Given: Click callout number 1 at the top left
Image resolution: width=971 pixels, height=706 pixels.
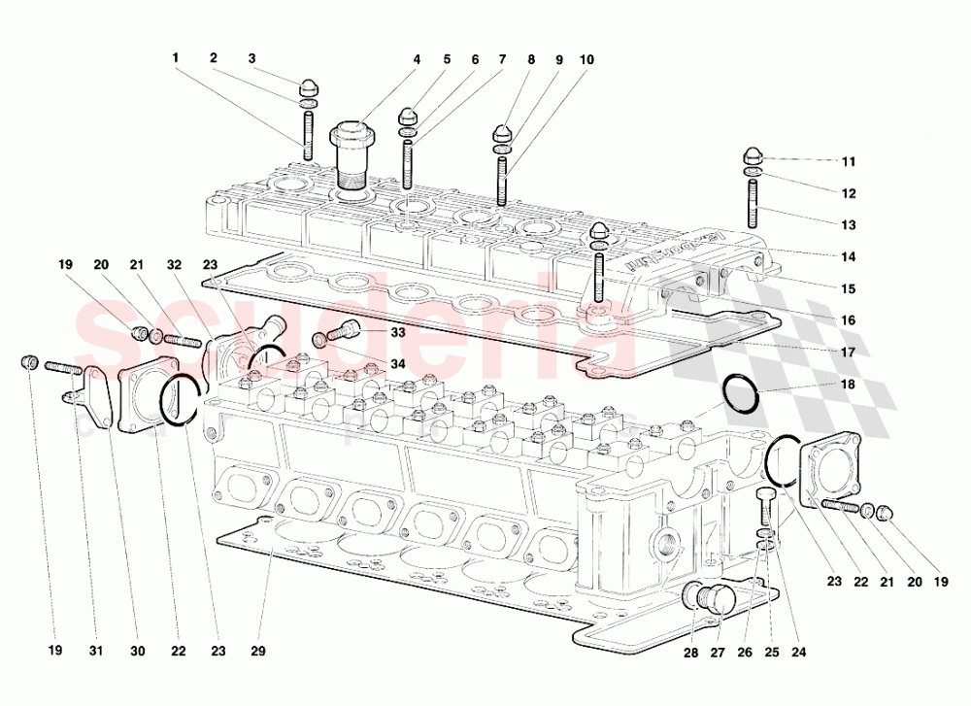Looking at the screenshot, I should coord(176,58).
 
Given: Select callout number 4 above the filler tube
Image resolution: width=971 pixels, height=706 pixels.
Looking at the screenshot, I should coord(417,59).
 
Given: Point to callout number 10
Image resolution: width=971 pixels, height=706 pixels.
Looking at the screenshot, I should coord(586,59).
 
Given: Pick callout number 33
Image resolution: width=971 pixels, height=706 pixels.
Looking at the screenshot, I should coord(398,332).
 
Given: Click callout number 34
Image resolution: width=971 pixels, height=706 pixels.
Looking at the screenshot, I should coord(398,364).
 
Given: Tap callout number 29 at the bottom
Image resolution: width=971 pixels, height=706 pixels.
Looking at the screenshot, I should coord(257,653).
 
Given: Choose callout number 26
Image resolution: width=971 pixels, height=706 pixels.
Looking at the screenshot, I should coord(744,653).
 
